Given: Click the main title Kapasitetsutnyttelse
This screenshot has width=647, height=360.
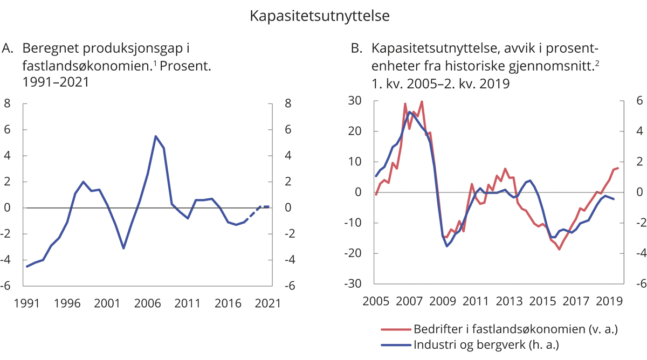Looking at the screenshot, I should (319, 16).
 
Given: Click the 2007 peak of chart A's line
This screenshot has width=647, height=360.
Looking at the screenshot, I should (155, 136).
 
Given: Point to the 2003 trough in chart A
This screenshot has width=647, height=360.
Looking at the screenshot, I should (123, 248).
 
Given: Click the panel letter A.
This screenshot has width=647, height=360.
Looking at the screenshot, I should (8, 49).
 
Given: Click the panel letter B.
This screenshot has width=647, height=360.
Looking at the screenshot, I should (356, 49).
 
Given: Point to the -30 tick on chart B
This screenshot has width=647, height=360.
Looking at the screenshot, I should (353, 284).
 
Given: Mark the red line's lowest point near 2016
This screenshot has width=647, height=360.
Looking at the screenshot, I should (560, 249).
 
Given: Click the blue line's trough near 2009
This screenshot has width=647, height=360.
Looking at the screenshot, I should (447, 246).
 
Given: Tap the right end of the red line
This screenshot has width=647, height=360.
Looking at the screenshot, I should (618, 168).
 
